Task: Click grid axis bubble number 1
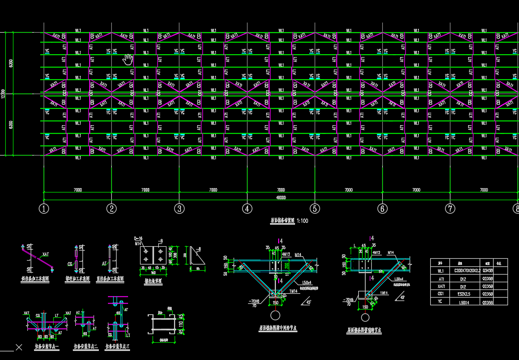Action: click(x=44, y=209)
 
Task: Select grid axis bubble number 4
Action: click(x=247, y=209)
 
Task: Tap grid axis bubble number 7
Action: click(x=450, y=209)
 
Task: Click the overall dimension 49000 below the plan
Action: click(x=281, y=197)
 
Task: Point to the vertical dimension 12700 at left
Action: click(x=3, y=94)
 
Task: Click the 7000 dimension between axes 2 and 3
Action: click(x=145, y=190)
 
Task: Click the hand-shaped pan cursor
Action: click(x=128, y=60)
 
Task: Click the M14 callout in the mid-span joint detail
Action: click(x=298, y=254)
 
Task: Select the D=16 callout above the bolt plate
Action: click(x=139, y=238)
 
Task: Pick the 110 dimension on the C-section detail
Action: click(x=181, y=325)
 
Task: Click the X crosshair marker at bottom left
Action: click(x=19, y=347)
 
